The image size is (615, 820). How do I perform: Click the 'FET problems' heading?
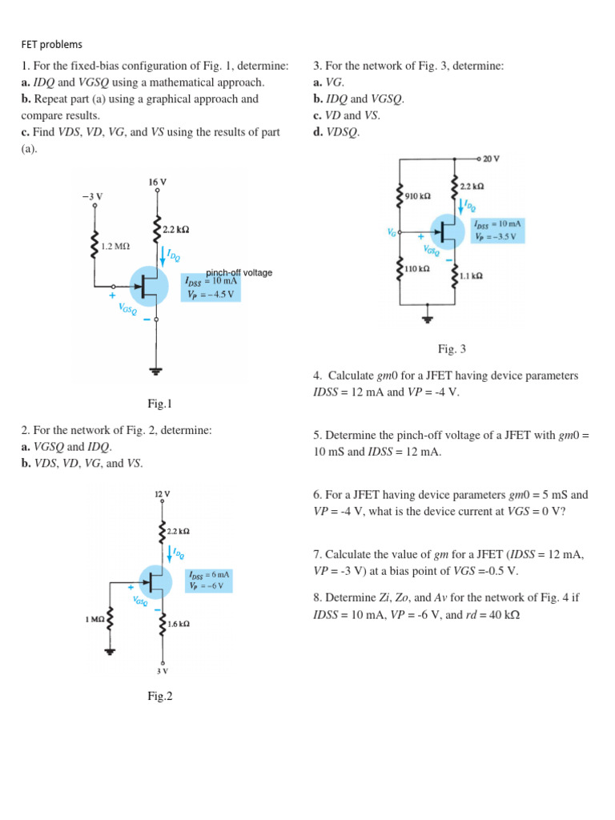click(51, 45)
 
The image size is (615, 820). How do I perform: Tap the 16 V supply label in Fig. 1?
click(158, 182)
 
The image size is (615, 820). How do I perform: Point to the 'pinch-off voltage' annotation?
click(239, 272)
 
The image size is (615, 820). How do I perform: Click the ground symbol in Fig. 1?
click(156, 370)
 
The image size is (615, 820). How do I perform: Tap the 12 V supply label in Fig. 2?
click(162, 494)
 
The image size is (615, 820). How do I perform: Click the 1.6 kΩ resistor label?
click(178, 622)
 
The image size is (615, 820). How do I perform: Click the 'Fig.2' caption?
click(160, 696)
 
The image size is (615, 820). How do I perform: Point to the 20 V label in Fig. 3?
click(491, 159)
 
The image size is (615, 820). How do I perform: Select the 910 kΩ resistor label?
click(418, 195)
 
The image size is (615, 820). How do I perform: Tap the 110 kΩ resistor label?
click(418, 269)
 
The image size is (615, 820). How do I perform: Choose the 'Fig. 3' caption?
click(452, 348)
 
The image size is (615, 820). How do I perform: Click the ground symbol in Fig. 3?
click(428, 318)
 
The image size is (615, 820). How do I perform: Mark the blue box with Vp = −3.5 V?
click(496, 231)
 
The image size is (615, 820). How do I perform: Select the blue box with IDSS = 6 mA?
click(209, 581)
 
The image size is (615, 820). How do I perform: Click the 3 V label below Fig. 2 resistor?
click(163, 671)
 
